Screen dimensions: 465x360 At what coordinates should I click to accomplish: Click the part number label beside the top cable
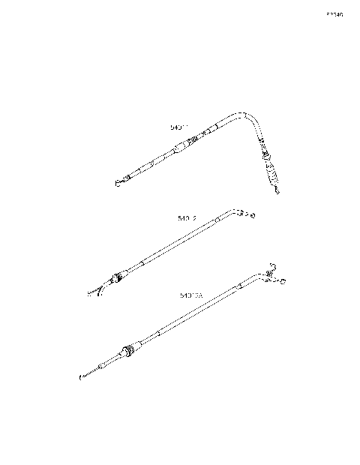point(180,128)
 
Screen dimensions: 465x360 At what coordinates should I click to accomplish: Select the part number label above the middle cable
point(187,218)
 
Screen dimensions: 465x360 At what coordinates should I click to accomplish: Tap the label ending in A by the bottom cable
point(191,295)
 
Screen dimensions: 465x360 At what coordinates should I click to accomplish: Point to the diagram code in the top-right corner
point(334,14)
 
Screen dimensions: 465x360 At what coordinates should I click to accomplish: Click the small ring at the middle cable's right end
point(252,217)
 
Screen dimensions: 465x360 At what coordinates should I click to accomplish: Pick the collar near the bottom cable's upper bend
point(239,285)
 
